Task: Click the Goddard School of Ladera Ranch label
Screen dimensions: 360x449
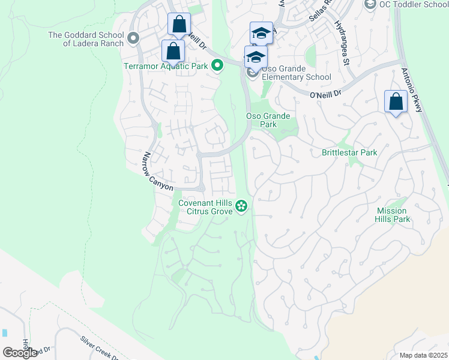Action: coord(86,39)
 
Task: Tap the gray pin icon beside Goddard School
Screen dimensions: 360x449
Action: coord(133,38)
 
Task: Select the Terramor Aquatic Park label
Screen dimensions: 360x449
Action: coord(165,66)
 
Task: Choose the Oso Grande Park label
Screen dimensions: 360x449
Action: coord(268,120)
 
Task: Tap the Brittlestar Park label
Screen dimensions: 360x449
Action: coord(349,152)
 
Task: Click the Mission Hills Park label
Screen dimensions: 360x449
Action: coord(393,215)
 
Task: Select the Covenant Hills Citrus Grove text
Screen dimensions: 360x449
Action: coord(206,207)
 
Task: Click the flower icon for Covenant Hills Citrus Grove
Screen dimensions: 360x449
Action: coord(241,207)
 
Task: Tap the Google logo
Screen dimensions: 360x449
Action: coord(20,353)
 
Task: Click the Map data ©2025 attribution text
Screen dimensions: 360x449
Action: coord(423,355)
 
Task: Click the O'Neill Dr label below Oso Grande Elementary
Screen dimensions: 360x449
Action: coord(325,94)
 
